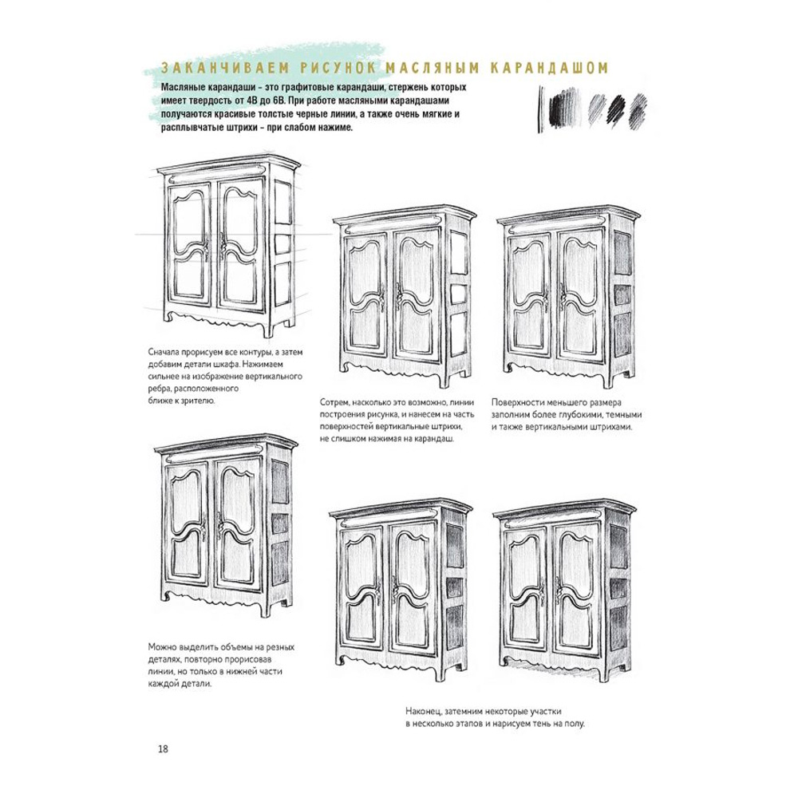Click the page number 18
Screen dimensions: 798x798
(163, 749)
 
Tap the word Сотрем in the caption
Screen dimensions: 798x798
(336, 403)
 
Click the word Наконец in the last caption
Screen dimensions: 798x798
(425, 709)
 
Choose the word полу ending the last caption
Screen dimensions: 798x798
(572, 724)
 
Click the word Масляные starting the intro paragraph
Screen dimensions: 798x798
(184, 87)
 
